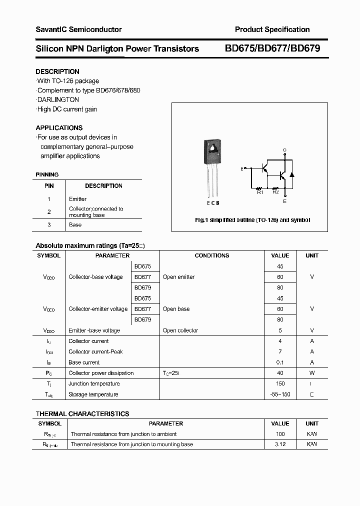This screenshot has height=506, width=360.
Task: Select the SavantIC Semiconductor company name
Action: click(x=78, y=29)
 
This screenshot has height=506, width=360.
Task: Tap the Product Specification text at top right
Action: click(x=272, y=29)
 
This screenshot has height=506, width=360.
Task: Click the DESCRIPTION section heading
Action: click(x=57, y=71)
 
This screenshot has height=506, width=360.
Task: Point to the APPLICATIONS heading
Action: click(x=59, y=127)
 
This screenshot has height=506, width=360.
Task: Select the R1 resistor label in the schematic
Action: click(x=260, y=192)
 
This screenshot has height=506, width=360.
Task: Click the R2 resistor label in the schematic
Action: click(x=275, y=192)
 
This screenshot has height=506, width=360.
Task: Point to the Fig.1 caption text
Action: click(x=252, y=220)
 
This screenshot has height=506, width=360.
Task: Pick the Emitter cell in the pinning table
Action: click(x=77, y=198)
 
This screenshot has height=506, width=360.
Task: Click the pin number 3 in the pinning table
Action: click(x=49, y=224)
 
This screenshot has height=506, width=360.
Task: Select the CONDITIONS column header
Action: click(x=211, y=255)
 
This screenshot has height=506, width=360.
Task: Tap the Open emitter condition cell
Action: click(x=178, y=277)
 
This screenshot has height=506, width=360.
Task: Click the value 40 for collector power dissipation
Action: click(x=280, y=373)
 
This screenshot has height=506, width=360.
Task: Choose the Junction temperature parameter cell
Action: click(x=94, y=383)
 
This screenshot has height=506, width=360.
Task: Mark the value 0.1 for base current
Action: click(x=280, y=362)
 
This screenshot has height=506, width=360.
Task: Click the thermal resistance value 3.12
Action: click(x=280, y=444)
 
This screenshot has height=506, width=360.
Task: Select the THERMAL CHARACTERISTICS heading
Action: click(x=82, y=413)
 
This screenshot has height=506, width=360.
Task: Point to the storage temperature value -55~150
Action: click(x=280, y=394)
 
